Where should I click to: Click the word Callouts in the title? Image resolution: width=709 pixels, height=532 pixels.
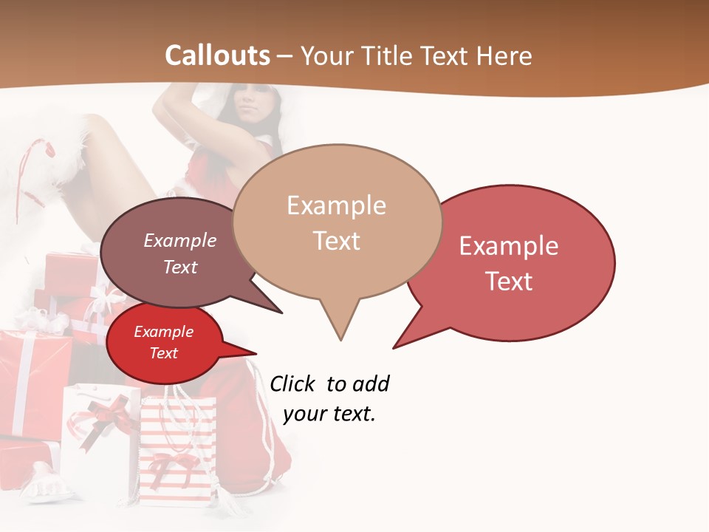pyautogui.click(x=217, y=56)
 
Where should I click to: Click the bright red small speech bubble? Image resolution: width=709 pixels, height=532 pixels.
pyautogui.click(x=164, y=343)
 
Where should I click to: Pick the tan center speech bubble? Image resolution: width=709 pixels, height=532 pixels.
pyautogui.click(x=337, y=222)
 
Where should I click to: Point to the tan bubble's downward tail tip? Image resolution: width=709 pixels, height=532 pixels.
pyautogui.click(x=340, y=340)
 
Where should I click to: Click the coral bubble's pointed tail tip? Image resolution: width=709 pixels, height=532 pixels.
pyautogui.click(x=394, y=347)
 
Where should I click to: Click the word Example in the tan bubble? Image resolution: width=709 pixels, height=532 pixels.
pyautogui.click(x=336, y=205)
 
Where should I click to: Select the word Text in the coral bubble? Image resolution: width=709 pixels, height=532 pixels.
pyautogui.click(x=510, y=282)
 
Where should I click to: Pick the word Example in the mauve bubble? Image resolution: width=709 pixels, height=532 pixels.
pyautogui.click(x=180, y=241)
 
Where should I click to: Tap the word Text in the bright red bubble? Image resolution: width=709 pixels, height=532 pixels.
pyautogui.click(x=164, y=353)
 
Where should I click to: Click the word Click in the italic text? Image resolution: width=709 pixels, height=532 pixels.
pyautogui.click(x=292, y=384)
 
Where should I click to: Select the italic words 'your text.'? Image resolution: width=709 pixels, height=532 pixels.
pyautogui.click(x=329, y=414)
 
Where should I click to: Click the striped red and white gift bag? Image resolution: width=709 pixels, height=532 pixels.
pyautogui.click(x=177, y=451)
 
